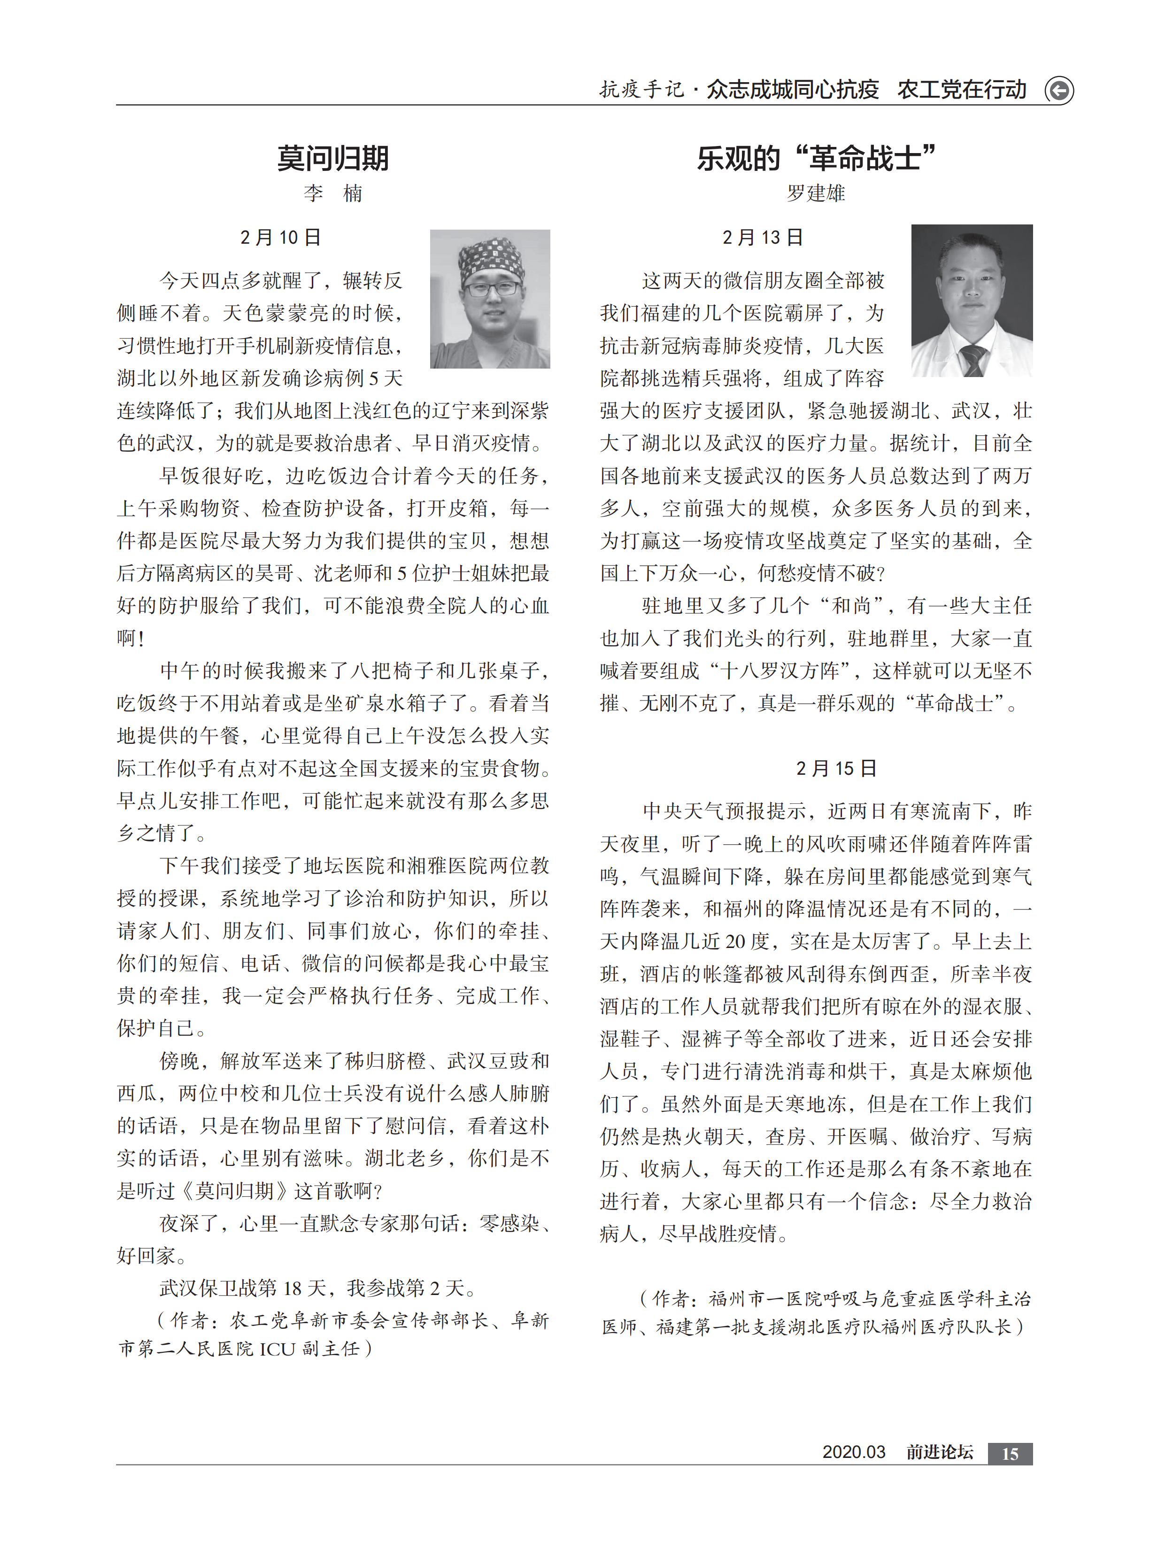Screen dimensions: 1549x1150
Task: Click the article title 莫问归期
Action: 333,159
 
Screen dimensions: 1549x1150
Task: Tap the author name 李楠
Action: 333,193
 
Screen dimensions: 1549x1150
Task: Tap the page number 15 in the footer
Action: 1010,1454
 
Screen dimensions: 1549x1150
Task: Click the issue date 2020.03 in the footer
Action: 853,1452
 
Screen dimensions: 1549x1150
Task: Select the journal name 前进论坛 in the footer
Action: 939,1452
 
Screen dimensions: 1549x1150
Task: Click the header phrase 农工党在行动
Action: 961,90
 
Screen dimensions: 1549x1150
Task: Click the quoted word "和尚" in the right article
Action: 852,607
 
